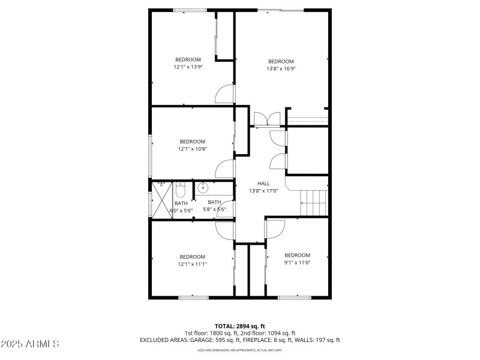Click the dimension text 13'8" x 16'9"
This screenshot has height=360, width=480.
(281, 68)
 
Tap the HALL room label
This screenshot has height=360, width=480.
(263, 184)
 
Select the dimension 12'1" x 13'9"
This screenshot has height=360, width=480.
(188, 67)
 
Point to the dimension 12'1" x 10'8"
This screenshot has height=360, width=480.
(192, 149)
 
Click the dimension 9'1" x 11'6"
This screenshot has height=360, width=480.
(297, 262)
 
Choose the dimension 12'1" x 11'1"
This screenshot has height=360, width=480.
(192, 263)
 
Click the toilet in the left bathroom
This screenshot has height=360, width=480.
(180, 191)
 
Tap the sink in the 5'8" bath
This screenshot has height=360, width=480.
(203, 188)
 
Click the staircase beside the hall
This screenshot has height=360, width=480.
(314, 203)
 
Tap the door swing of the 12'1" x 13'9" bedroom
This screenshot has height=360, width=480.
(225, 94)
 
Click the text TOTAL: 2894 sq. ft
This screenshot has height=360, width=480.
(239, 326)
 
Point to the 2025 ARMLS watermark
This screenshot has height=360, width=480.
(30, 344)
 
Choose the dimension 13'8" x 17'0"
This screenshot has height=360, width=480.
(263, 191)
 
